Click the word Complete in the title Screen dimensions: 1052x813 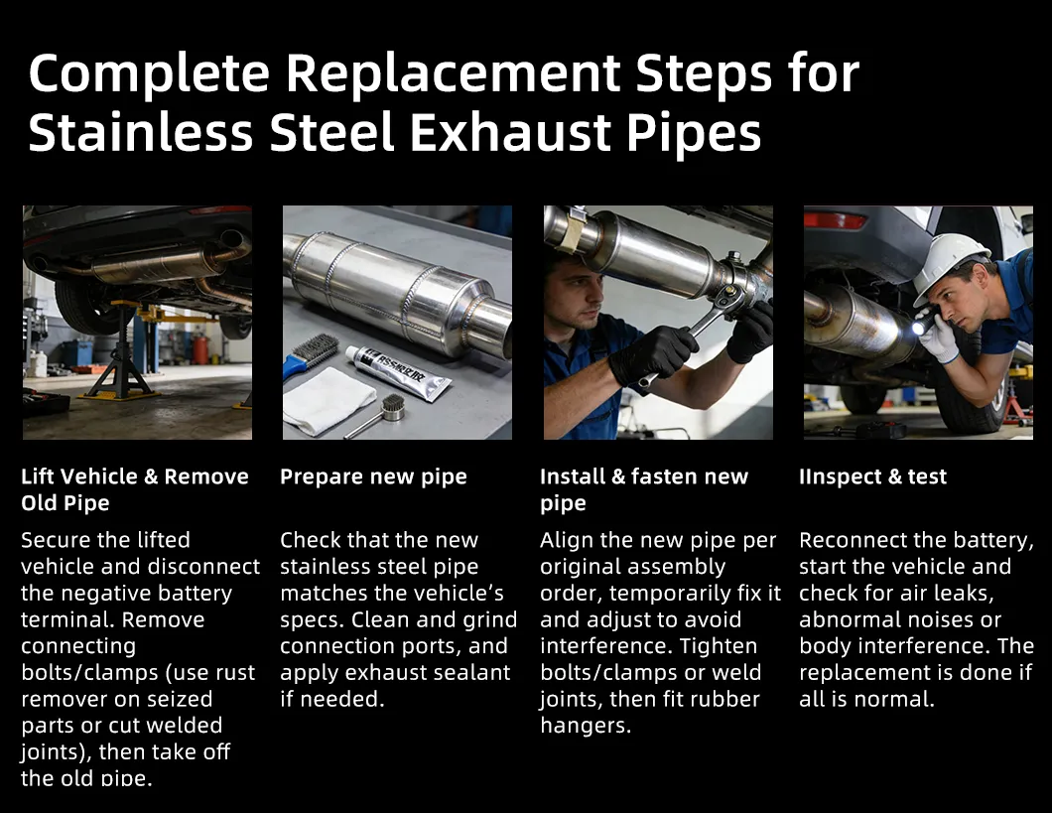149,74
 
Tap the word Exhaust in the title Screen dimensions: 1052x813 510,132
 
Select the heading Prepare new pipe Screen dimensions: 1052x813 373,476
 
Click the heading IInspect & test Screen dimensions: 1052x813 872,476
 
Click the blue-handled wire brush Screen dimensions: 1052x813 309,356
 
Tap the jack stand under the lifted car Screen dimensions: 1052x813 121,355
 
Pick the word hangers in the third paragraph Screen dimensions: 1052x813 585,726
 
